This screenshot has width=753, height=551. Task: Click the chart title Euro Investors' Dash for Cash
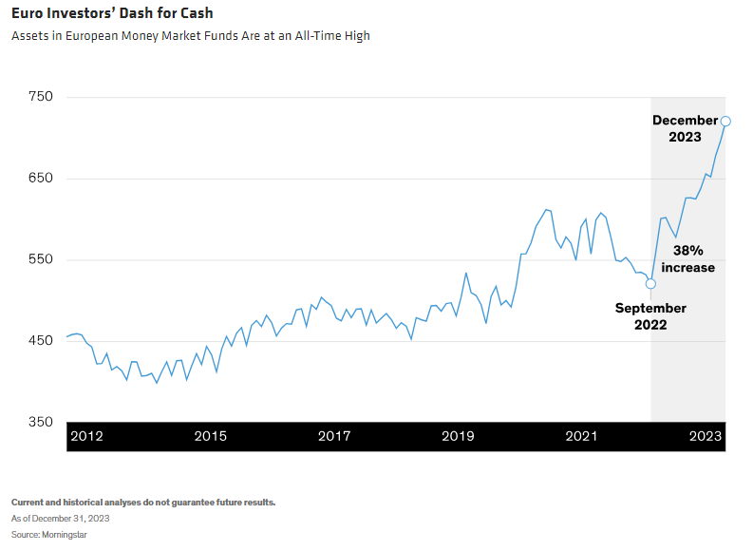(x=112, y=13)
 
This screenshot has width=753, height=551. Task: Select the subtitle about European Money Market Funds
(x=191, y=36)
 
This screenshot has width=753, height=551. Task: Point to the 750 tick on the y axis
(x=41, y=98)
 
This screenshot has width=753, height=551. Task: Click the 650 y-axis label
(x=41, y=179)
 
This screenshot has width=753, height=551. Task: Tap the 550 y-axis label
(x=41, y=260)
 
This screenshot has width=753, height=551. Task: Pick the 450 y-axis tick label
(x=41, y=341)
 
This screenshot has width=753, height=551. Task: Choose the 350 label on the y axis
(x=41, y=422)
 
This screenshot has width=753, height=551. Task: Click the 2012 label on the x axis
(x=87, y=436)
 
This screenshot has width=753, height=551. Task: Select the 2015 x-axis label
(x=210, y=436)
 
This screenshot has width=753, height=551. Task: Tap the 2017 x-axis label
(x=334, y=436)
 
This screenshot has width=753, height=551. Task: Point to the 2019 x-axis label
(x=458, y=436)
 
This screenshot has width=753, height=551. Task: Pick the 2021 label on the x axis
(x=581, y=436)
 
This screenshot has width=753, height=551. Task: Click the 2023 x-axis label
(x=705, y=436)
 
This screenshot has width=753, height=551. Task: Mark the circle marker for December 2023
(x=725, y=121)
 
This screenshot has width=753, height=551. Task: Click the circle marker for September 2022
(x=650, y=284)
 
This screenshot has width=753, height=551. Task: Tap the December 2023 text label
(x=685, y=128)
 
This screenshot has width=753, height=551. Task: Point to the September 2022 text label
(x=650, y=316)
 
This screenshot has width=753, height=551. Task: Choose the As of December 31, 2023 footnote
(x=60, y=519)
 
